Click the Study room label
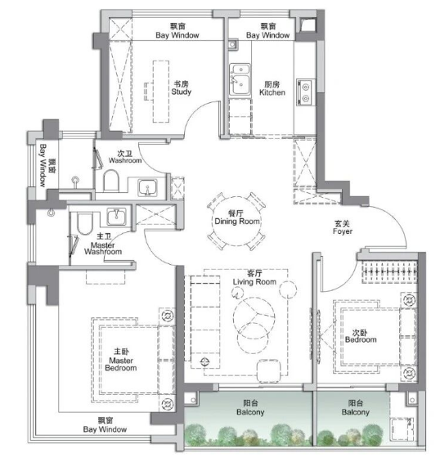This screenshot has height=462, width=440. click(x=182, y=87)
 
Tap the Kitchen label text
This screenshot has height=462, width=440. click(x=272, y=88)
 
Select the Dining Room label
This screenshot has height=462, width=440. click(x=237, y=218)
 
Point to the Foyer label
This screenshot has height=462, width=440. click(x=343, y=227)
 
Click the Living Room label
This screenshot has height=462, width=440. click(x=254, y=278)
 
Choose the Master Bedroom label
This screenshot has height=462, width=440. click(x=121, y=360)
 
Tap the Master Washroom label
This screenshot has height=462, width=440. click(x=103, y=244)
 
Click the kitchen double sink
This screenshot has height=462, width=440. click(x=240, y=79)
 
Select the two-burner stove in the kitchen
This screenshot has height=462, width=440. click(x=305, y=92)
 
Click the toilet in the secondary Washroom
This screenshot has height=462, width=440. click(x=111, y=181)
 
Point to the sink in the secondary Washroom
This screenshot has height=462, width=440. click(x=148, y=187)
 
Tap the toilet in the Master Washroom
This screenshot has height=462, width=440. click(x=85, y=223)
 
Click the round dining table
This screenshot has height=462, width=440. click(x=236, y=221)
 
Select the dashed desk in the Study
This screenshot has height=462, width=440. click(x=161, y=92)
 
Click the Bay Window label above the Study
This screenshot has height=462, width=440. click(x=177, y=31)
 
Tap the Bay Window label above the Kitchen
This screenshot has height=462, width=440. click(x=268, y=31)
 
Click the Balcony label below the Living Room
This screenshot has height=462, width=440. click(x=250, y=407)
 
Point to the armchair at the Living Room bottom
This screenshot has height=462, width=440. click(x=268, y=370)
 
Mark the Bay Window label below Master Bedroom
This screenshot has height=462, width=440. click(x=105, y=425)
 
